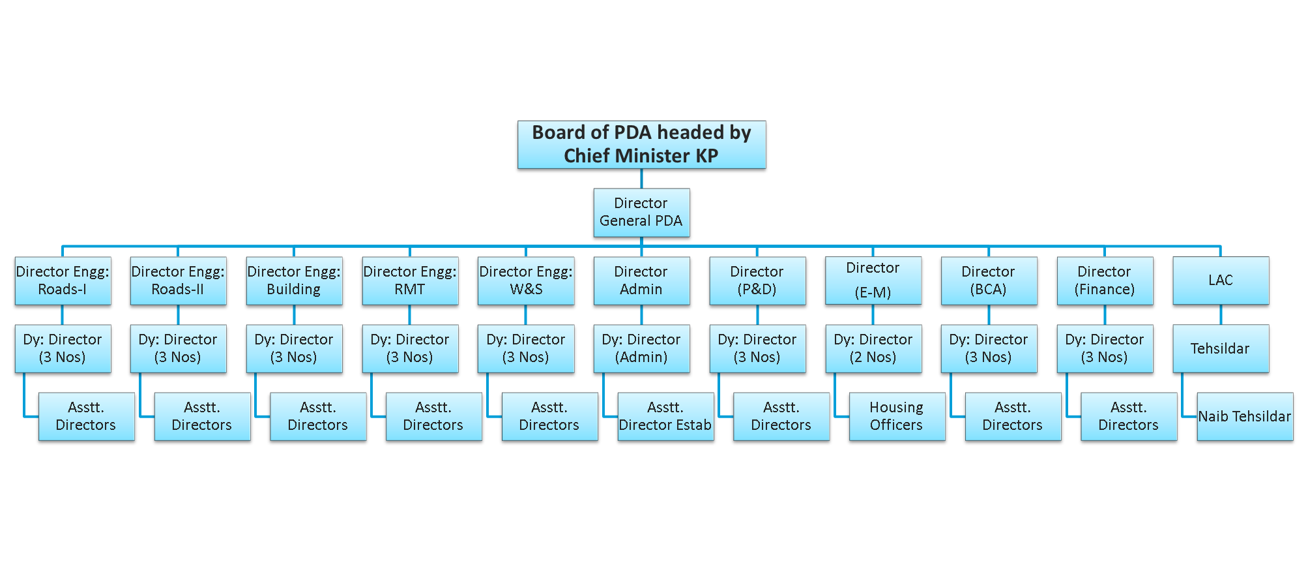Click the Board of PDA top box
pyautogui.click(x=641, y=145)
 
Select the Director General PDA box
pyautogui.click(x=641, y=213)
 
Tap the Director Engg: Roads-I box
pyautogui.click(x=63, y=280)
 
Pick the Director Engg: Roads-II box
pyautogui.click(x=178, y=280)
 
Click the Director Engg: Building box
pyautogui.click(x=294, y=280)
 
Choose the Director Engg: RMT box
pyautogui.click(x=410, y=280)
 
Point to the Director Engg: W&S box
pyautogui.click(x=526, y=280)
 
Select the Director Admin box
pyautogui.click(x=641, y=280)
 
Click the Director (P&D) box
pyautogui.click(x=757, y=280)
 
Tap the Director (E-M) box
pyautogui.click(x=873, y=280)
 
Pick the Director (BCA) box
pyautogui.click(x=989, y=280)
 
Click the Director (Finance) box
pyautogui.click(x=1105, y=280)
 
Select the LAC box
pyautogui.click(x=1221, y=280)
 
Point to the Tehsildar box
pyautogui.click(x=1221, y=349)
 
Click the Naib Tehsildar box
pyautogui.click(x=1245, y=417)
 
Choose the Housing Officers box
pyautogui.click(x=897, y=417)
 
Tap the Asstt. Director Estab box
pyautogui.click(x=665, y=417)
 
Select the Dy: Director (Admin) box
pyautogui.click(x=641, y=349)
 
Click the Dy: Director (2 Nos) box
pyautogui.click(x=873, y=349)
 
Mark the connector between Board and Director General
pyautogui.click(x=641, y=180)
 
